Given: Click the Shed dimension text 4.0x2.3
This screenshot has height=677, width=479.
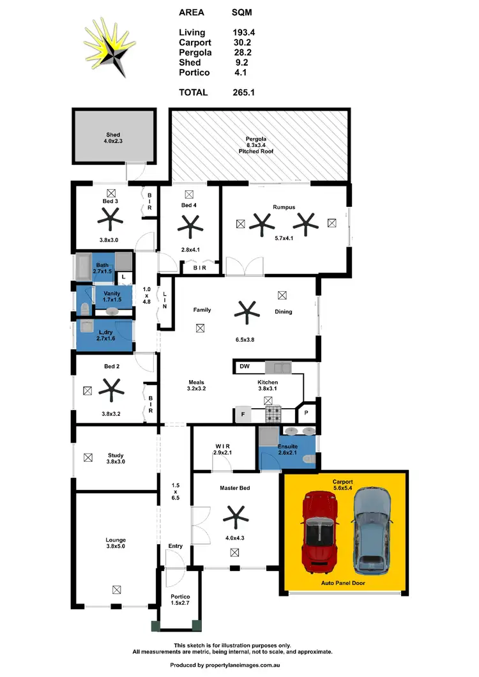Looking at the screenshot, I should (x=113, y=141).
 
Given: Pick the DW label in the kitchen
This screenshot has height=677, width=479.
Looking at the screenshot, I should (x=245, y=367).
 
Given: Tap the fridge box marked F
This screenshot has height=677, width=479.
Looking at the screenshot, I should (x=243, y=415).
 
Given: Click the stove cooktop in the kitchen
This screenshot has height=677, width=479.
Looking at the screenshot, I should (x=274, y=415).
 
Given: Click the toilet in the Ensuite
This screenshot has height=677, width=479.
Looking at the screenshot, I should (x=308, y=459).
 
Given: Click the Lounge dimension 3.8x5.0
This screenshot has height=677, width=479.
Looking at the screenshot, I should (x=116, y=547).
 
